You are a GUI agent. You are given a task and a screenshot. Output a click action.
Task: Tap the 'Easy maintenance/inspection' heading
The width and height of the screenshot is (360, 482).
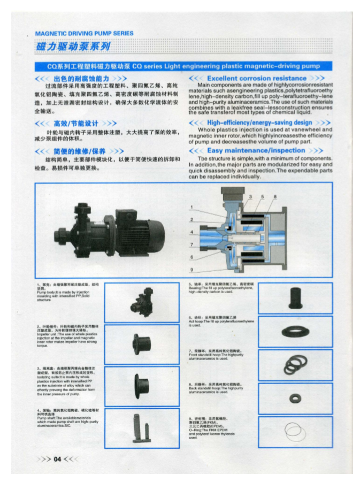(x=256, y=151)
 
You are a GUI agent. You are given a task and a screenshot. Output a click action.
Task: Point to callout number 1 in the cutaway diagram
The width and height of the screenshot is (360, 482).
(x=192, y=207)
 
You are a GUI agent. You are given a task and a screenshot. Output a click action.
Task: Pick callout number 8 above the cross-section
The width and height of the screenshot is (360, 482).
(x=274, y=197)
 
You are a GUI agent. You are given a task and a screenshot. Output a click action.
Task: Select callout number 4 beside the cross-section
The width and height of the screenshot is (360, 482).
(x=192, y=233)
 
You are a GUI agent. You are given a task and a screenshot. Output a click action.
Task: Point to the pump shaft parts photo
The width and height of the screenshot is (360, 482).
(x=134, y=426)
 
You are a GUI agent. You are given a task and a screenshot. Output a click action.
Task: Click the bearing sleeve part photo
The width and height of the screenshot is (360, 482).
(x=295, y=297)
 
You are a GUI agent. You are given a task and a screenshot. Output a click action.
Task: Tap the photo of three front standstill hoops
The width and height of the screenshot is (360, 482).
(x=295, y=362)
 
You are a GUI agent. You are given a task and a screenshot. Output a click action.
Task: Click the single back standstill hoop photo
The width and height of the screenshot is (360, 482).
(x=295, y=397)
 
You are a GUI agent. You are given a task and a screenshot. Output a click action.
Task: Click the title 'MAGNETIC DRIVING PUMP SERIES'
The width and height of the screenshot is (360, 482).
(x=84, y=34)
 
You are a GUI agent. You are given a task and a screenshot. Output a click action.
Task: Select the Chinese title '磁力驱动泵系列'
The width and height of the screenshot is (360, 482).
(x=73, y=47)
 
